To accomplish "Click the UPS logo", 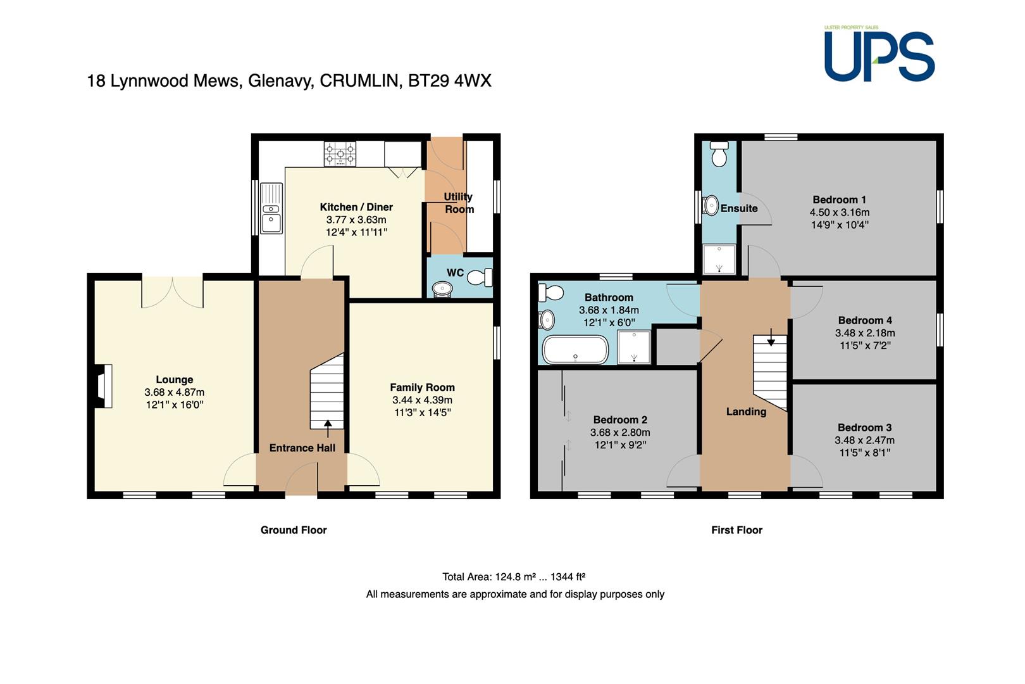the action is click(879, 54).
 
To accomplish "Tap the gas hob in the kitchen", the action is click(340, 153).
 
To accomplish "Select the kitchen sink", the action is click(271, 208).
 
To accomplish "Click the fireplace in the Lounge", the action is click(103, 386).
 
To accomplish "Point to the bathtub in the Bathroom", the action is click(575, 350).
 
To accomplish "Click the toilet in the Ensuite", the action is click(719, 154).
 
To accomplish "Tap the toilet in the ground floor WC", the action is click(480, 277).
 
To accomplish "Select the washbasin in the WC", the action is click(442, 289).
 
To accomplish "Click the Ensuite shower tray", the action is click(719, 259).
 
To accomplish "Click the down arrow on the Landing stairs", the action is click(771, 337).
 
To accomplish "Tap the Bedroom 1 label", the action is click(839, 199).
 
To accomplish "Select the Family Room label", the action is click(423, 388).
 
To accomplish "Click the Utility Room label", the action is click(459, 203).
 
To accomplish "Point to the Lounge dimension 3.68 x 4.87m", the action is click(175, 392).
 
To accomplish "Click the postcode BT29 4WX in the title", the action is click(449, 80).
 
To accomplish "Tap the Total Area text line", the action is click(514, 577).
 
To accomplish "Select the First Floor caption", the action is click(736, 530).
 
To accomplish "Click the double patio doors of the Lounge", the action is click(173, 292).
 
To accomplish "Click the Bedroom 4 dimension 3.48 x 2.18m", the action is click(865, 333).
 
